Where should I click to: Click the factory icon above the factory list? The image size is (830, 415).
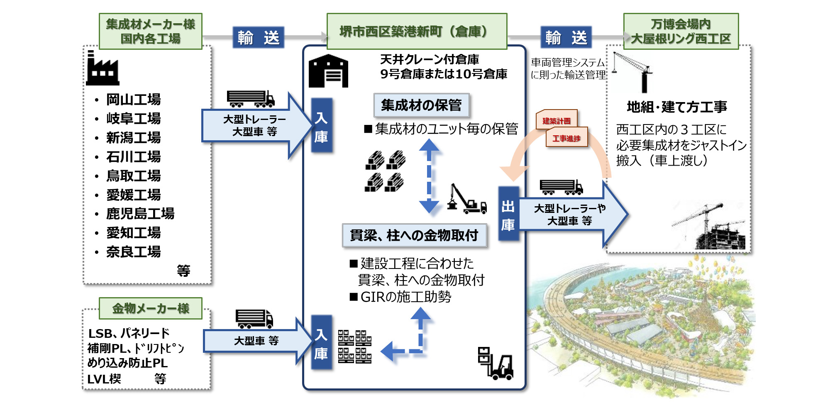tap(102, 68)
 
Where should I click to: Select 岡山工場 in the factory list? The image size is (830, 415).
tap(133, 100)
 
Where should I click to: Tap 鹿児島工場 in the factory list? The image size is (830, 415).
tap(140, 214)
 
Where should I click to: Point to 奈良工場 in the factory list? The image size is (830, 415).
tap(133, 252)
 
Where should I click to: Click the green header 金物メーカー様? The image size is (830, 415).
tap(150, 308)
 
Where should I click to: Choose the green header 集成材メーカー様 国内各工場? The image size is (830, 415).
tap(150, 31)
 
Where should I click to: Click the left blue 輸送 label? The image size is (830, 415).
tap(258, 38)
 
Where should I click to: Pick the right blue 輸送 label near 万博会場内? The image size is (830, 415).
tap(566, 38)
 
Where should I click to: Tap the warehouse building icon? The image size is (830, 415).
tap(328, 71)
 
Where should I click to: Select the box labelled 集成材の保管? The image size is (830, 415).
tap(421, 105)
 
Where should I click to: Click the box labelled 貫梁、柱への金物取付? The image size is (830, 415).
tap(414, 235)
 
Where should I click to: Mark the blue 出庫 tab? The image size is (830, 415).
tap(508, 214)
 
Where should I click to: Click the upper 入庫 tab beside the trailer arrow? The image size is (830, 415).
tap(321, 126)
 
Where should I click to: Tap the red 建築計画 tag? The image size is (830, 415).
tap(556, 120)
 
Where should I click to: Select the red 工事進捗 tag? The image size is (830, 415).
tap(566, 138)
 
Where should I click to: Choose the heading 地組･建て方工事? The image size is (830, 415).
tap(676, 107)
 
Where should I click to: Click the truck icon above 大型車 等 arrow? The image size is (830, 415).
tap(254, 319)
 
